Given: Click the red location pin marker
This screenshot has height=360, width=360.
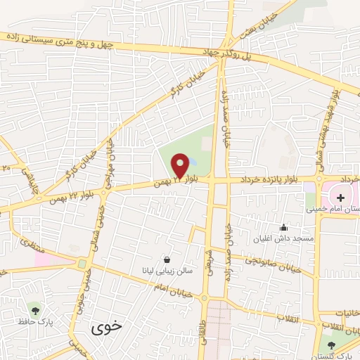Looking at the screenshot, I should pyautogui.click(x=180, y=166).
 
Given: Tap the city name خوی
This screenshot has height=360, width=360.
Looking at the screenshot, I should pyautogui.click(x=107, y=327).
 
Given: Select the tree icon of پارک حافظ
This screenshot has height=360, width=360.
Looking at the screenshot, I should pyautogui.click(x=34, y=308).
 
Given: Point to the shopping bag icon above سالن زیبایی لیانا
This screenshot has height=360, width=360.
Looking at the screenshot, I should pyautogui.click(x=166, y=259).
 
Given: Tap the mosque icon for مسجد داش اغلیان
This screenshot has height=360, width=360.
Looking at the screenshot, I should pyautogui.click(x=283, y=227).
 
